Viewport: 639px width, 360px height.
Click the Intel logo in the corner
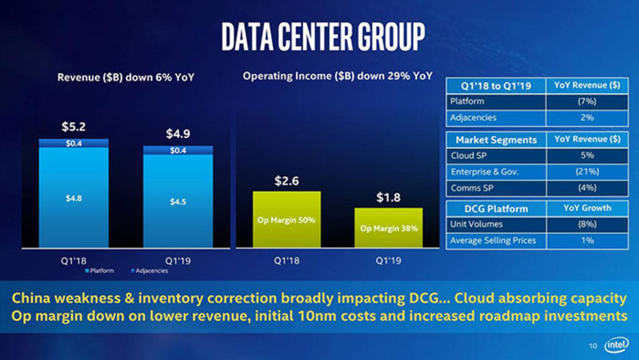[616, 345]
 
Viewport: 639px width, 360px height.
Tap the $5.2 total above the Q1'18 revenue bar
[74, 127]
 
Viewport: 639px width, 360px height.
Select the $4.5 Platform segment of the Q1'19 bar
[178, 202]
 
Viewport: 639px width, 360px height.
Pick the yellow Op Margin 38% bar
[388, 228]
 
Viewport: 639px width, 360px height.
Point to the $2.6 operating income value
[287, 181]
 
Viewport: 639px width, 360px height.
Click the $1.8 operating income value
[388, 197]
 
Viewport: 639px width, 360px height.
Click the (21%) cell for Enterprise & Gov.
[587, 172]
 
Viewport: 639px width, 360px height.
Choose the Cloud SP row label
[469, 156]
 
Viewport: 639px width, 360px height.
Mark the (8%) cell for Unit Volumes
[587, 224]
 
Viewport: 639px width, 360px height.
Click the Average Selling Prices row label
[493, 240]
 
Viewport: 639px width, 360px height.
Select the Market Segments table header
[496, 140]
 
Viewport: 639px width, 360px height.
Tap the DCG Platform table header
[496, 209]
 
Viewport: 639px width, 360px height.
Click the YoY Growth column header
[587, 208]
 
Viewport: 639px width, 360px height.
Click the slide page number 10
[593, 346]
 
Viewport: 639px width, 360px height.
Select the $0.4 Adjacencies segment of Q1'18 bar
[74, 143]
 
